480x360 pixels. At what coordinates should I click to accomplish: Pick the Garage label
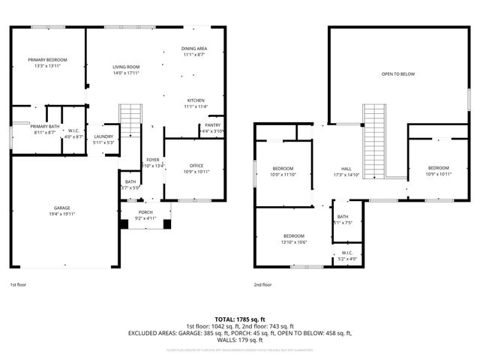pos(61,211)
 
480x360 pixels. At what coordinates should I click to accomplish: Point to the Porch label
pos(145,215)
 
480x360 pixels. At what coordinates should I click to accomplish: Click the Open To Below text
pos(397,74)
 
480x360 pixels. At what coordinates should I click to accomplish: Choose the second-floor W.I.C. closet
pos(346,255)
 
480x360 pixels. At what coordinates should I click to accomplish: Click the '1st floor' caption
pos(18,285)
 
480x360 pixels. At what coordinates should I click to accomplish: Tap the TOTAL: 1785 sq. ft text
pos(239,319)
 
